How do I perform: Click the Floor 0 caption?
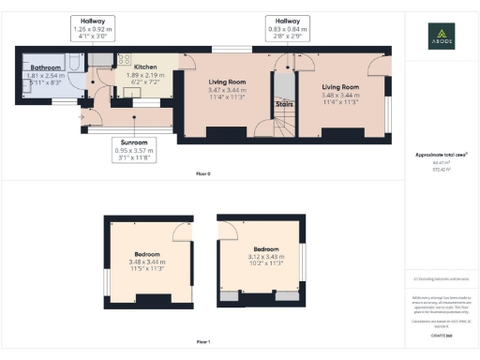click(x=203, y=174)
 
